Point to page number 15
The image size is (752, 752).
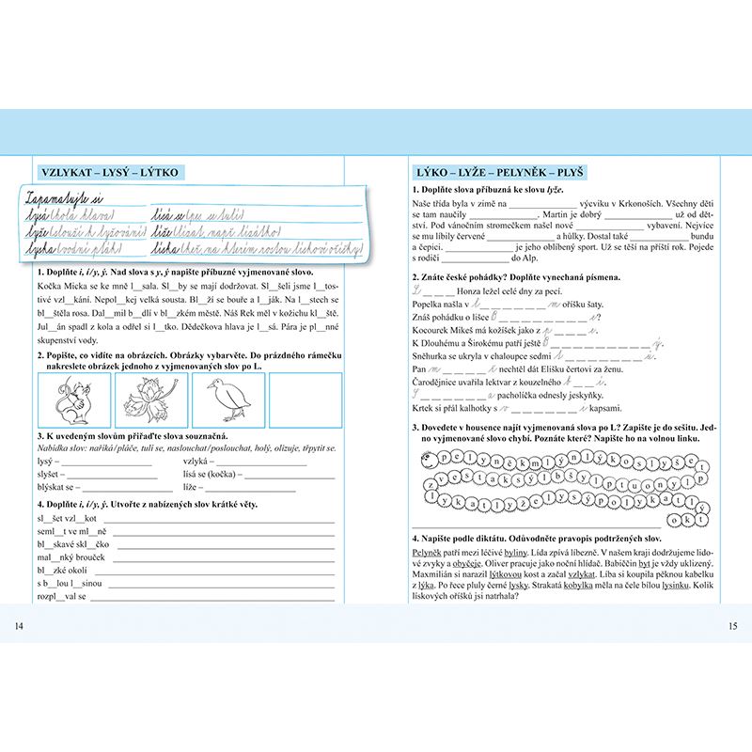733,625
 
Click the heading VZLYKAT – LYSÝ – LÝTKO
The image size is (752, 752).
110,172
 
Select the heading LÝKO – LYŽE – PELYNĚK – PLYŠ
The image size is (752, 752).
500,172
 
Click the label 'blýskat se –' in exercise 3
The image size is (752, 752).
58,487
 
